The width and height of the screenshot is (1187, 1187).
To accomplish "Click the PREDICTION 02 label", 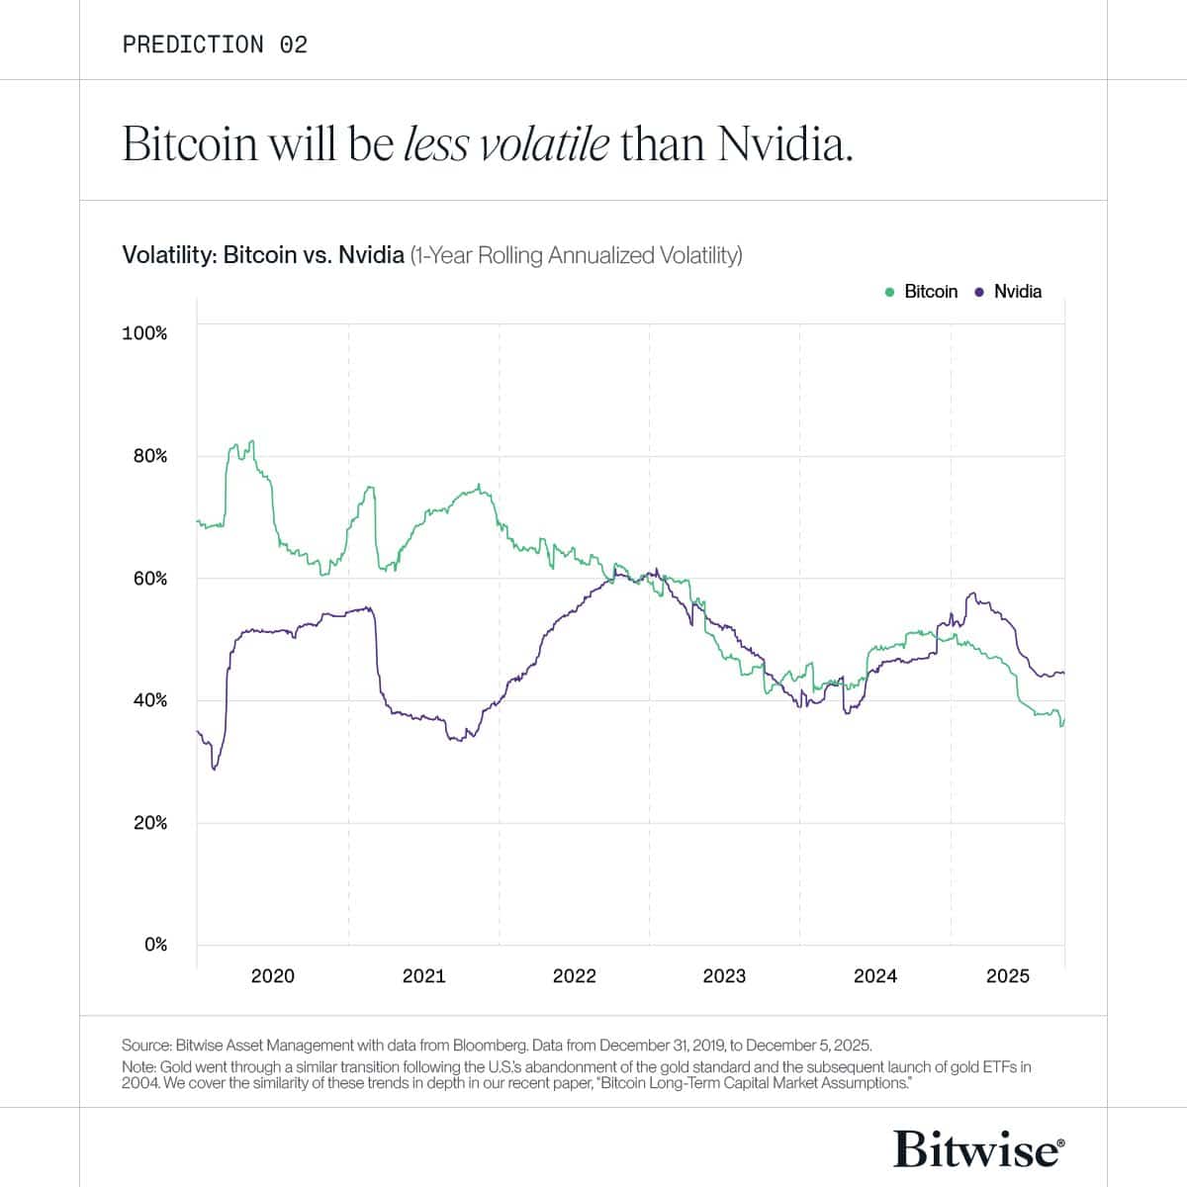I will [x=215, y=45].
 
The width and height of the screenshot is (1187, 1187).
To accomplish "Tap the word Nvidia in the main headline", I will [x=784, y=144].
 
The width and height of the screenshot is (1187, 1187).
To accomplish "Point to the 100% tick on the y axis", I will [x=144, y=333].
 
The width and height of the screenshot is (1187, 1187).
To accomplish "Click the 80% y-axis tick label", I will [x=150, y=456].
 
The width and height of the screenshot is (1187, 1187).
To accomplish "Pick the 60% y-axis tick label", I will [x=150, y=579].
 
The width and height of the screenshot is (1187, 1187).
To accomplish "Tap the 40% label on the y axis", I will [x=150, y=700].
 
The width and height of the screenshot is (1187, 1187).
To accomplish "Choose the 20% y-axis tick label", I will [x=150, y=823].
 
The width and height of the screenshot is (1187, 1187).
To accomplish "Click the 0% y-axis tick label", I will [x=155, y=945].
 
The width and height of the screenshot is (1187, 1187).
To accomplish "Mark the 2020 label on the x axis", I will [x=272, y=976].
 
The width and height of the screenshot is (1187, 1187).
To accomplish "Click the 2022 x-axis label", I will [x=574, y=976].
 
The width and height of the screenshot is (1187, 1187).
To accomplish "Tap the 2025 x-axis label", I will [x=1007, y=976].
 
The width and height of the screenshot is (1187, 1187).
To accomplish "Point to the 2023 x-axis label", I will [x=724, y=976].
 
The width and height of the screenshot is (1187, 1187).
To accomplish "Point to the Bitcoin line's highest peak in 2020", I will [x=252, y=441].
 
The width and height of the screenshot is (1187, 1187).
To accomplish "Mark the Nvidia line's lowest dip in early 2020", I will [x=214, y=769].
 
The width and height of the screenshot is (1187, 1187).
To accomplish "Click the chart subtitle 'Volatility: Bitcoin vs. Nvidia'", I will [x=262, y=255].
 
